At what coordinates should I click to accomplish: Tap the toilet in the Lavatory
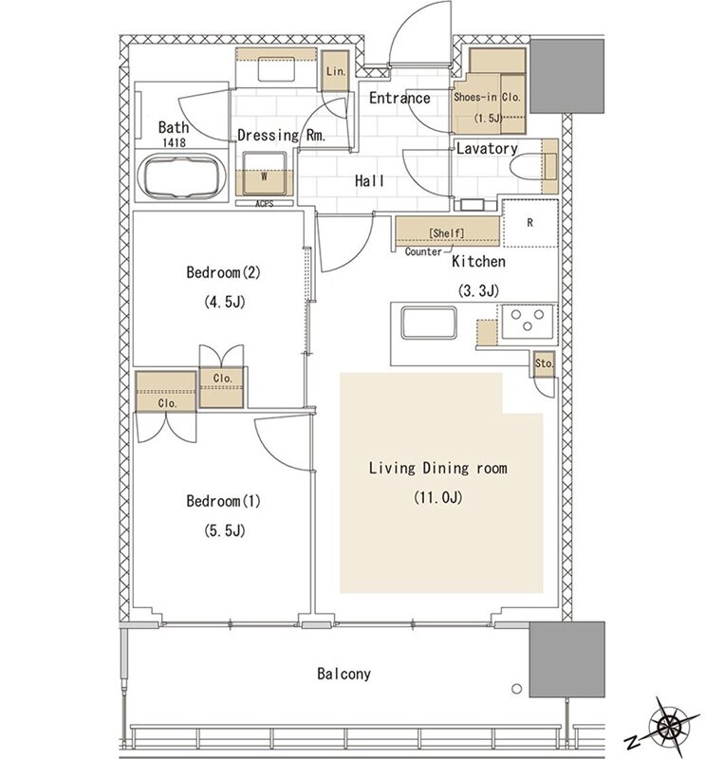527,167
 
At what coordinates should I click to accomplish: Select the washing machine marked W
265,174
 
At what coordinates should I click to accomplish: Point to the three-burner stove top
528,321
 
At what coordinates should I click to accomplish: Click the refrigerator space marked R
530,223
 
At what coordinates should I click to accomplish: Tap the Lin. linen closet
336,71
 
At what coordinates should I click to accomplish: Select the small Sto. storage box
545,363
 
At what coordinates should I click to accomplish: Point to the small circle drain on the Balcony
517,689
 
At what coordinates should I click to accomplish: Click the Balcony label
343,674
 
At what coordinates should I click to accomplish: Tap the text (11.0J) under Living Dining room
437,497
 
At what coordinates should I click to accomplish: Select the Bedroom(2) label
223,272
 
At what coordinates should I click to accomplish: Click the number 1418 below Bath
174,143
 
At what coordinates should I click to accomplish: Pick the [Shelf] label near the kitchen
447,232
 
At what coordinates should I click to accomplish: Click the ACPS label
265,204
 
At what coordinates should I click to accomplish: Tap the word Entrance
399,99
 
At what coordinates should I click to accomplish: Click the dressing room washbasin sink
276,69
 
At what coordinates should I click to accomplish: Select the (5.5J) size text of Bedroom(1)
224,531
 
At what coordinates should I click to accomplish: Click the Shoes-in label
475,97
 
